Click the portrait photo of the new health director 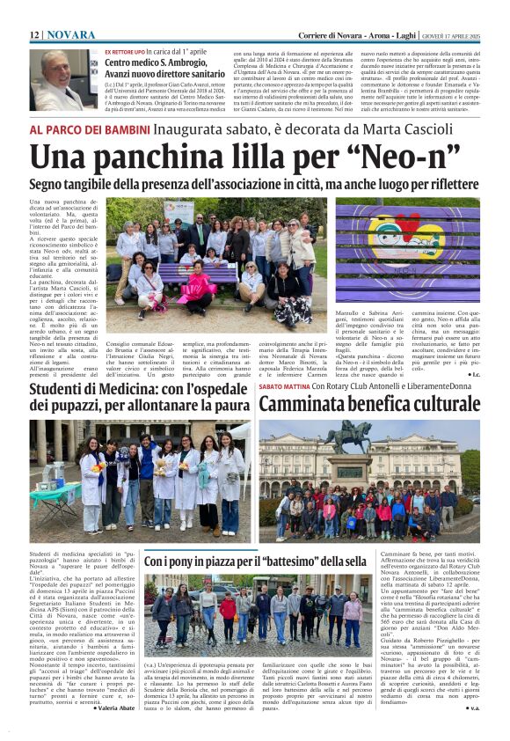pyautogui.click(x=64, y=80)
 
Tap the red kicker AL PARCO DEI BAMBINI pyautogui.click(x=90, y=129)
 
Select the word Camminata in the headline pyautogui.click(x=307, y=405)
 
